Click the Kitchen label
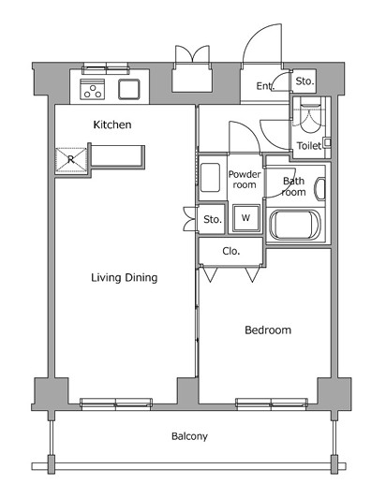pos(112,125)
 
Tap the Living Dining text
pos(125,277)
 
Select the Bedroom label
pos(268,330)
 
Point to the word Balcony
pos(189,436)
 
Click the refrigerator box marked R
pos(71,160)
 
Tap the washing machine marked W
pos(246,218)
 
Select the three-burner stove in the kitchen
pos(92,89)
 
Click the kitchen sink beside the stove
pos(129,89)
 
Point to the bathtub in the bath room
pos(295,225)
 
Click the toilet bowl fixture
pos(311,117)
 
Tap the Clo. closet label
pos(231,251)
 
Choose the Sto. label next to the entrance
pos(304,81)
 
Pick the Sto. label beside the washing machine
pos(213,219)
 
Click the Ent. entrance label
pos(265,86)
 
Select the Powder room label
pos(245,180)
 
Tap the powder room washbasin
pos(210,177)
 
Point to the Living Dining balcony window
pos(116,403)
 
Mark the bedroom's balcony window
pos(272,403)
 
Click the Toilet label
pos(309,146)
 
